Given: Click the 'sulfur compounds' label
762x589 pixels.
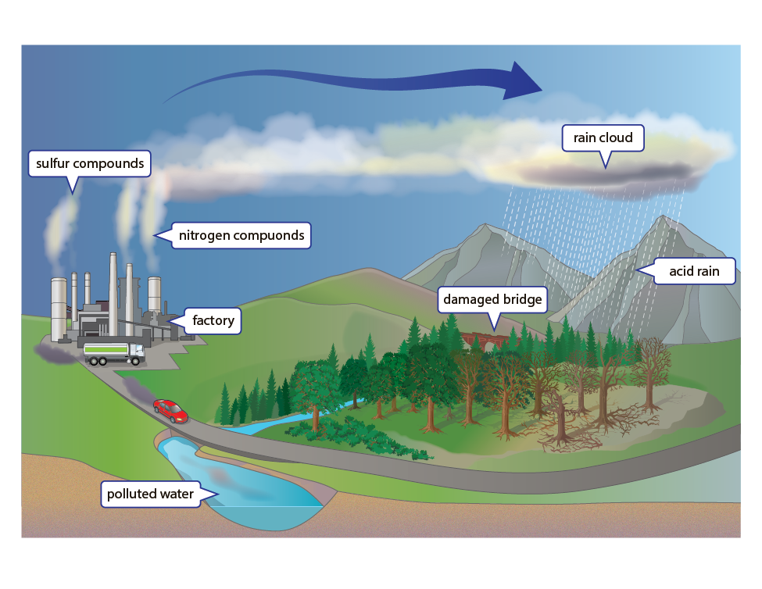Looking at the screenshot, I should point(89,164).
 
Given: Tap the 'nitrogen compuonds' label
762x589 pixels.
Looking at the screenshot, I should point(241,235).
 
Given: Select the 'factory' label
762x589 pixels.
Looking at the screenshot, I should point(213,321).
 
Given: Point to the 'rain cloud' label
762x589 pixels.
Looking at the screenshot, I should point(603,138).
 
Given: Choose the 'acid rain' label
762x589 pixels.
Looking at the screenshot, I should point(694,273).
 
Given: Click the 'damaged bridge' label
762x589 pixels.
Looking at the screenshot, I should point(492,299).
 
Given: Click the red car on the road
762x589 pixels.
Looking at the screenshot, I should point(170,409).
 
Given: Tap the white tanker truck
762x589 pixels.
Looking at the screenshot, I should point(114,354).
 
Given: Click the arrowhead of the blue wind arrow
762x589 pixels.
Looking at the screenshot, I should point(520,80).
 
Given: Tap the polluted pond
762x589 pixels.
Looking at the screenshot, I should point(250,492).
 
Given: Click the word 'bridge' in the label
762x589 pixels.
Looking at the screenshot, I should point(523,299).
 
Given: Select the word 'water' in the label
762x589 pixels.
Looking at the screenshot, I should point(177,494).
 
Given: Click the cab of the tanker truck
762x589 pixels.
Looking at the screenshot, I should point(136,353).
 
